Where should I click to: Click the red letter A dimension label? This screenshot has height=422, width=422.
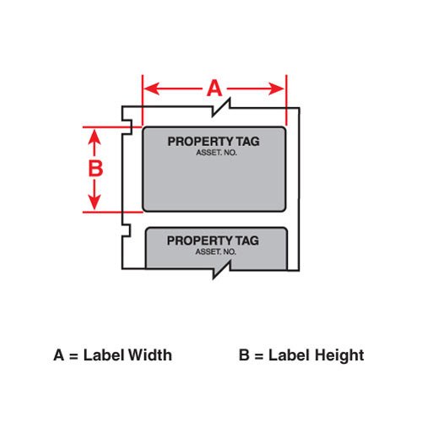[214, 88]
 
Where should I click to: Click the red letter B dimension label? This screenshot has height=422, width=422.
[95, 168]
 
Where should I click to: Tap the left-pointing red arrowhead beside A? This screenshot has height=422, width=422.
[152, 89]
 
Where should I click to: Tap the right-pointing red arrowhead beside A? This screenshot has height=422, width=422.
[276, 89]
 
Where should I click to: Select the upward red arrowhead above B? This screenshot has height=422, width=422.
[95, 138]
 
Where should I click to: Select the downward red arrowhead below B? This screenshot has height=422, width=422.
[95, 202]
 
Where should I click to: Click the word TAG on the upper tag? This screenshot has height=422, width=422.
[248, 142]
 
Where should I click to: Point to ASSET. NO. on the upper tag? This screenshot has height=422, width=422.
[216, 153]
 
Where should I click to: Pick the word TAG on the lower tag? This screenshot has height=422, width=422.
[247, 241]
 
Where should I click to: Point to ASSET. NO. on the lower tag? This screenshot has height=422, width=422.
[216, 252]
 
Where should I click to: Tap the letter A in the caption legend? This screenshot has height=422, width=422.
[58, 355]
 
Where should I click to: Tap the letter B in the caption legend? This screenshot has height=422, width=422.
[244, 355]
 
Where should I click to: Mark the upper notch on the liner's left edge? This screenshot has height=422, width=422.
[127, 127]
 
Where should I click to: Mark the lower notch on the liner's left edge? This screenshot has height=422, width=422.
[126, 230]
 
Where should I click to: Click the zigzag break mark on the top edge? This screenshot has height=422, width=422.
[221, 107]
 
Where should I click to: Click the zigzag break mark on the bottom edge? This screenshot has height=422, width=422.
[221, 270]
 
